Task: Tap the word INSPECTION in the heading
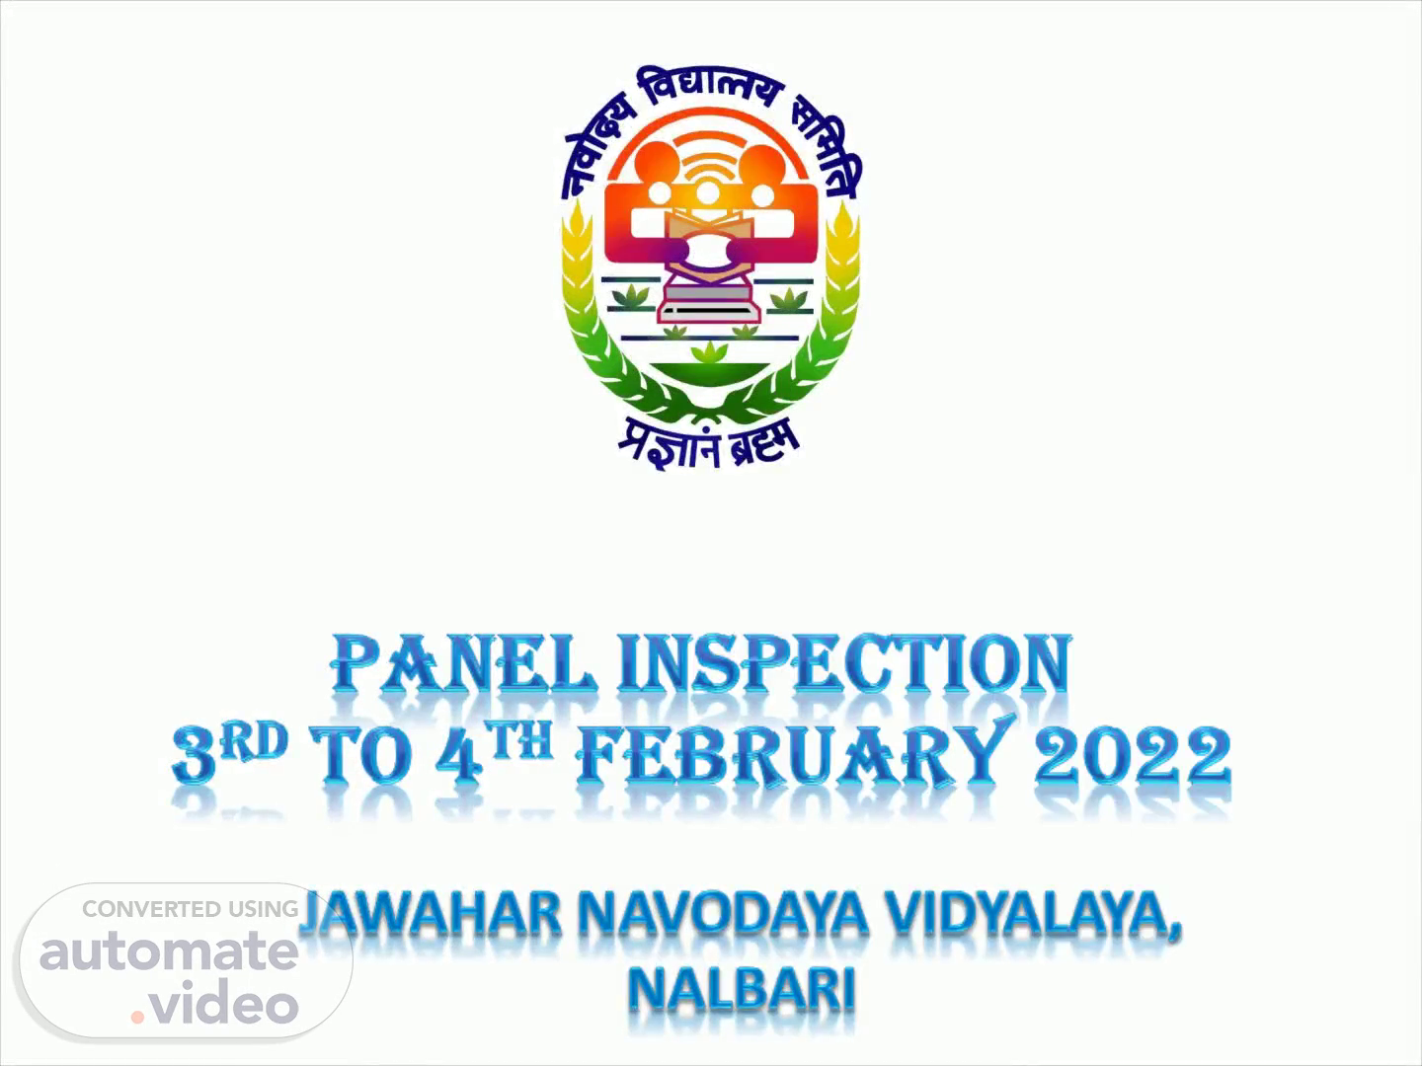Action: (x=843, y=662)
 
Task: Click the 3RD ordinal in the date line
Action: (x=230, y=753)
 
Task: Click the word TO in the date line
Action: (x=360, y=755)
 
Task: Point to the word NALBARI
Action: (x=743, y=990)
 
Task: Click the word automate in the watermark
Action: (x=169, y=951)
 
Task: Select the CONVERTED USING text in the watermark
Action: (x=191, y=909)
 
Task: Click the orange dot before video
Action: (x=137, y=1018)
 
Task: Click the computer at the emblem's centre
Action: (x=709, y=299)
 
